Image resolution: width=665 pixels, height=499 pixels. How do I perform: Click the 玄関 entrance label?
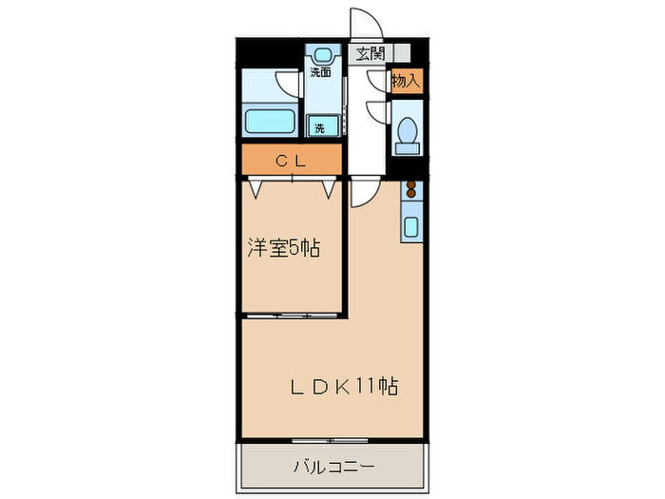click(370, 54)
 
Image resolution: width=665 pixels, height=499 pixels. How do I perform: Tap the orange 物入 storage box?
click(407, 82)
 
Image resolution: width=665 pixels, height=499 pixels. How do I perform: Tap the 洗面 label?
click(321, 72)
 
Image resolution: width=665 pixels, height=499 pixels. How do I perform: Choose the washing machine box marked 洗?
click(321, 126)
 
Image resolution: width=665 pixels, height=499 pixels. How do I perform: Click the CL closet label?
click(291, 161)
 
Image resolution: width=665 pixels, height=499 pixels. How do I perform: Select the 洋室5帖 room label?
click(283, 249)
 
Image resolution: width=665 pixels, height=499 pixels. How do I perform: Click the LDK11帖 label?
click(343, 387)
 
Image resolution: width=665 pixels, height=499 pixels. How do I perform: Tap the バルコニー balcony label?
click(332, 467)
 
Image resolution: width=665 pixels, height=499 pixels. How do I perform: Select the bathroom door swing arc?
click(282, 85)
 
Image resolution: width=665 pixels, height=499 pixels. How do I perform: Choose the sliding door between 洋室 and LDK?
click(292, 314)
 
